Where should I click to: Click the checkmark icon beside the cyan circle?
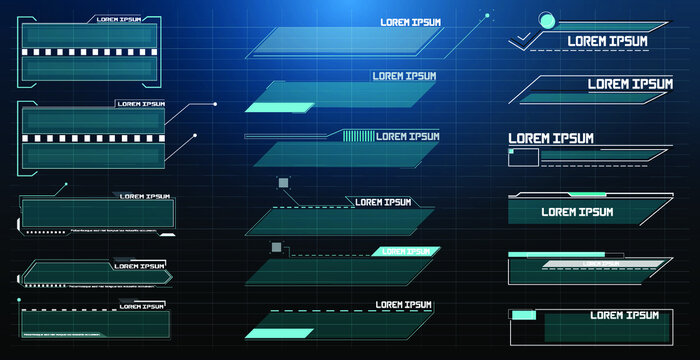tap(522, 39)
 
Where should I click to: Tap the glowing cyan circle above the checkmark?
tap(546, 19)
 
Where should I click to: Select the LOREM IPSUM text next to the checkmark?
tap(607, 41)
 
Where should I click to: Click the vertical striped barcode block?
tap(357, 136)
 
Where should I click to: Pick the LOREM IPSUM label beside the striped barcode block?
tap(407, 136)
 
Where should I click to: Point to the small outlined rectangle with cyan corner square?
tap(523, 156)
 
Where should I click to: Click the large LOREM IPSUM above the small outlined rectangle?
tap(551, 138)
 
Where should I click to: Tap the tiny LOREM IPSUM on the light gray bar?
tap(602, 264)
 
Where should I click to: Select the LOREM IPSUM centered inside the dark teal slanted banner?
tap(577, 212)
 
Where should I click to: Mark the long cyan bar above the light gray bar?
tap(549, 255)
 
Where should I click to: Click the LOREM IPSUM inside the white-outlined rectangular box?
tap(624, 315)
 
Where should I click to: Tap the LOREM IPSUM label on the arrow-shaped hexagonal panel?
tap(139, 266)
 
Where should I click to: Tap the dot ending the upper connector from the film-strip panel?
tap(214, 103)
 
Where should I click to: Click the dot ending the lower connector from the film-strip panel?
tap(194, 135)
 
